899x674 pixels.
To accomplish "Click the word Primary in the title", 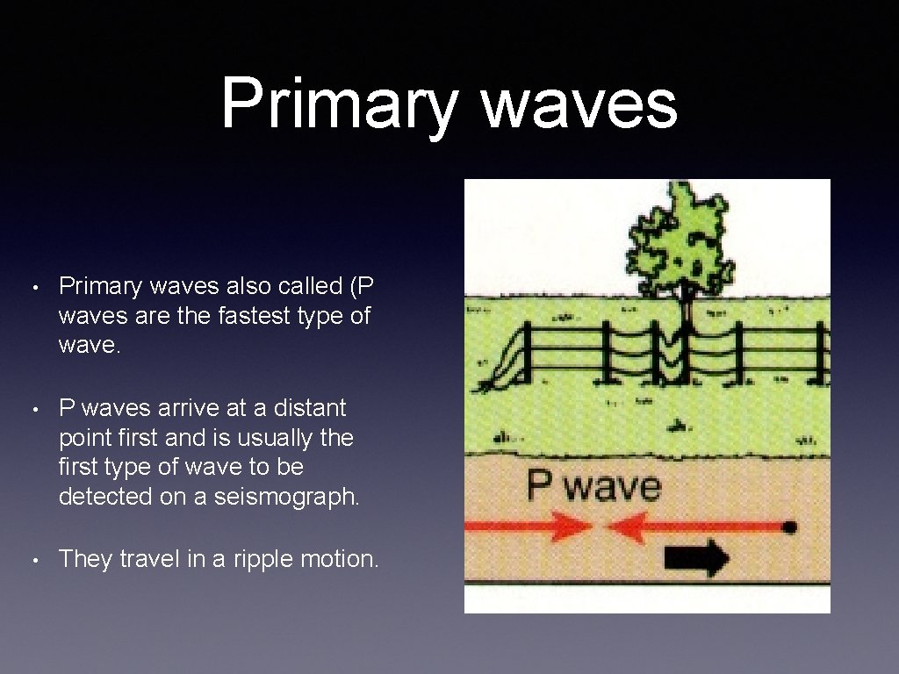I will pos(338,104).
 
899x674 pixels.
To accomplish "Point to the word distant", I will pos(303,408).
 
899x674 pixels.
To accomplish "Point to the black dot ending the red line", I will pos(790,527).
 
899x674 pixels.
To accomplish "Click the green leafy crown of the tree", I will pos(680,235).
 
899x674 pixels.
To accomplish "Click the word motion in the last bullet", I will pos(342,559).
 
